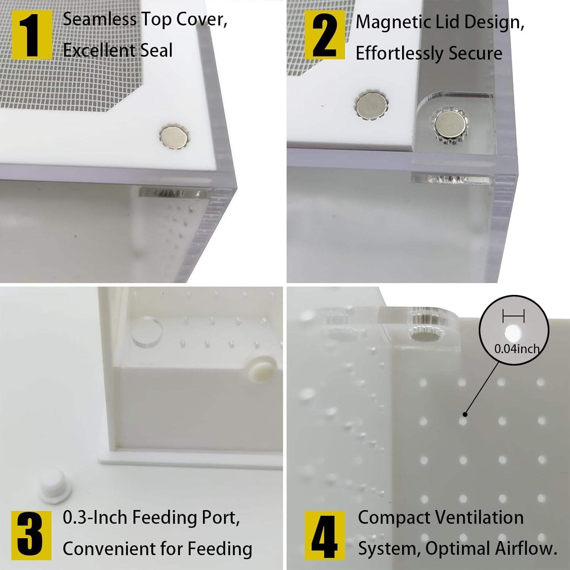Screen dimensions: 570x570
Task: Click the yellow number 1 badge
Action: (32, 35)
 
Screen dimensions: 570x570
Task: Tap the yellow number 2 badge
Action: (325, 35)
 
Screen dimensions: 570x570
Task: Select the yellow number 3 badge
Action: (32, 535)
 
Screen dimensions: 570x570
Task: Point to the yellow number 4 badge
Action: (325, 535)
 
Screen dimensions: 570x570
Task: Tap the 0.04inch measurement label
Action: (517, 348)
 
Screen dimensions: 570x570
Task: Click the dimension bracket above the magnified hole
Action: (513, 316)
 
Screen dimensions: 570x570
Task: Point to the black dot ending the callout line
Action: (465, 414)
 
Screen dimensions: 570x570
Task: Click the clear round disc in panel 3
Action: (146, 333)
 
